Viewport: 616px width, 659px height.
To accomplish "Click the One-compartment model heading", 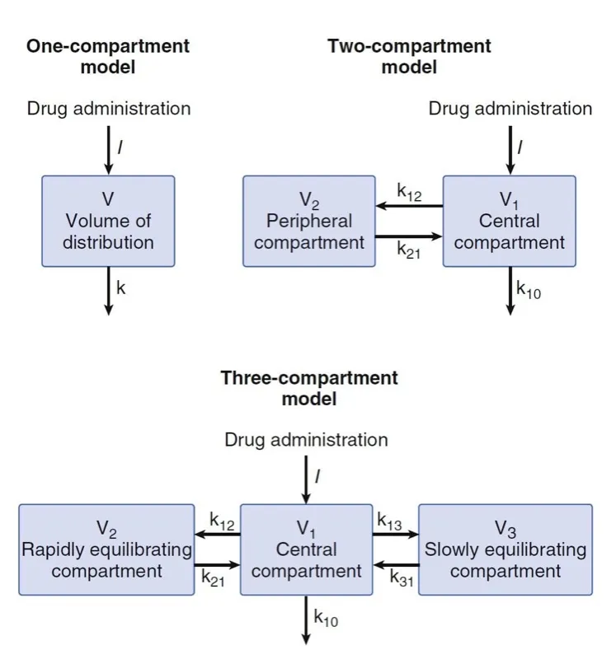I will [108, 56].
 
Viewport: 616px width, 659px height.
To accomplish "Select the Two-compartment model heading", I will [409, 56].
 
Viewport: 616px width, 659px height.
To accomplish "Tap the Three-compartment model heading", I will [308, 388].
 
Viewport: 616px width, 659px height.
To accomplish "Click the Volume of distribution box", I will [108, 221].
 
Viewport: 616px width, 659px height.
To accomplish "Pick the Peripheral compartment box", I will [309, 221].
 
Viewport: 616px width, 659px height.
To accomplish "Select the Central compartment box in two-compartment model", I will [510, 221].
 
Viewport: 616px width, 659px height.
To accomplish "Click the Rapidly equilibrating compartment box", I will [106, 549].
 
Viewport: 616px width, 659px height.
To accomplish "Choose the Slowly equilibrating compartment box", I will [505, 549].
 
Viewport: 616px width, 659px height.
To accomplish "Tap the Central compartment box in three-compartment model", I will [306, 549].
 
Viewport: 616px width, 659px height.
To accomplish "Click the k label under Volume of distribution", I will [120, 287].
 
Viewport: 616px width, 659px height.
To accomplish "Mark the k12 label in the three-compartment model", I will [222, 520].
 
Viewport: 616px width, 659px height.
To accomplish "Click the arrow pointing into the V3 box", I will [395, 535].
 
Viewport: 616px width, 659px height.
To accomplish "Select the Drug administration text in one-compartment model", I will [108, 109].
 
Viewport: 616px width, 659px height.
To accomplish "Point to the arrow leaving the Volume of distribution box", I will [108, 290].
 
